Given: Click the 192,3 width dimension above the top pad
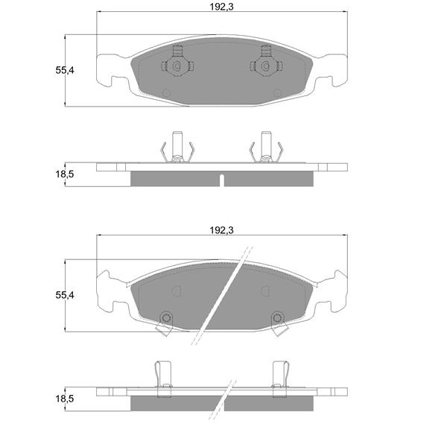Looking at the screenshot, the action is [x=221, y=7].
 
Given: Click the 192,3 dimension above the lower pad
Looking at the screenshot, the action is [x=221, y=230].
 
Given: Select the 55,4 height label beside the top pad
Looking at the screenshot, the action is [x=65, y=70].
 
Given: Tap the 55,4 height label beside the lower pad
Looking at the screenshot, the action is [x=65, y=295].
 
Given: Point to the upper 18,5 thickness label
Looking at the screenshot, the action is [x=65, y=174].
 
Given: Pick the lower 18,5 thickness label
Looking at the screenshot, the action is [x=65, y=399].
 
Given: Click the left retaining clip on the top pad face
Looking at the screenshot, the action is [x=177, y=62].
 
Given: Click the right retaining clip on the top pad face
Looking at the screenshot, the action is [x=266, y=62].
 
